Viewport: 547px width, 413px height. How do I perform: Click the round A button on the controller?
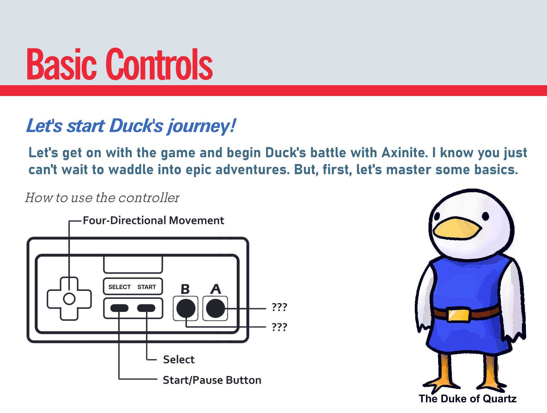(215, 308)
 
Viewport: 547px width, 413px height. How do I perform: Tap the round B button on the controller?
(186, 308)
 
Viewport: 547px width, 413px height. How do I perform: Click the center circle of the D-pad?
(69, 299)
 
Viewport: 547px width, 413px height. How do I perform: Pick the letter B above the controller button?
(185, 289)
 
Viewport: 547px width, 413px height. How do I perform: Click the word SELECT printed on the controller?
(119, 287)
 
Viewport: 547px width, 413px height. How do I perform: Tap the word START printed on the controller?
(147, 287)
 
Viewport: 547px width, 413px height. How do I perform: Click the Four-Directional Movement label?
(153, 220)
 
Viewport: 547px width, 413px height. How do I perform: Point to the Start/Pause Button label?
(212, 380)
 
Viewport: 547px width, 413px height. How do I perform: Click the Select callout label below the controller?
(179, 359)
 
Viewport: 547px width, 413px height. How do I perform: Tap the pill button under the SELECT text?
(119, 308)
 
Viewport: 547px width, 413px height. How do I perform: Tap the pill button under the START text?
(146, 308)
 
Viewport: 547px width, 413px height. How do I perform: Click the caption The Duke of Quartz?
(468, 398)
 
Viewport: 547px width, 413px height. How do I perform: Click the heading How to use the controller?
(102, 198)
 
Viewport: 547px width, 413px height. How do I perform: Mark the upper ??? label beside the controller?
(279, 307)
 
